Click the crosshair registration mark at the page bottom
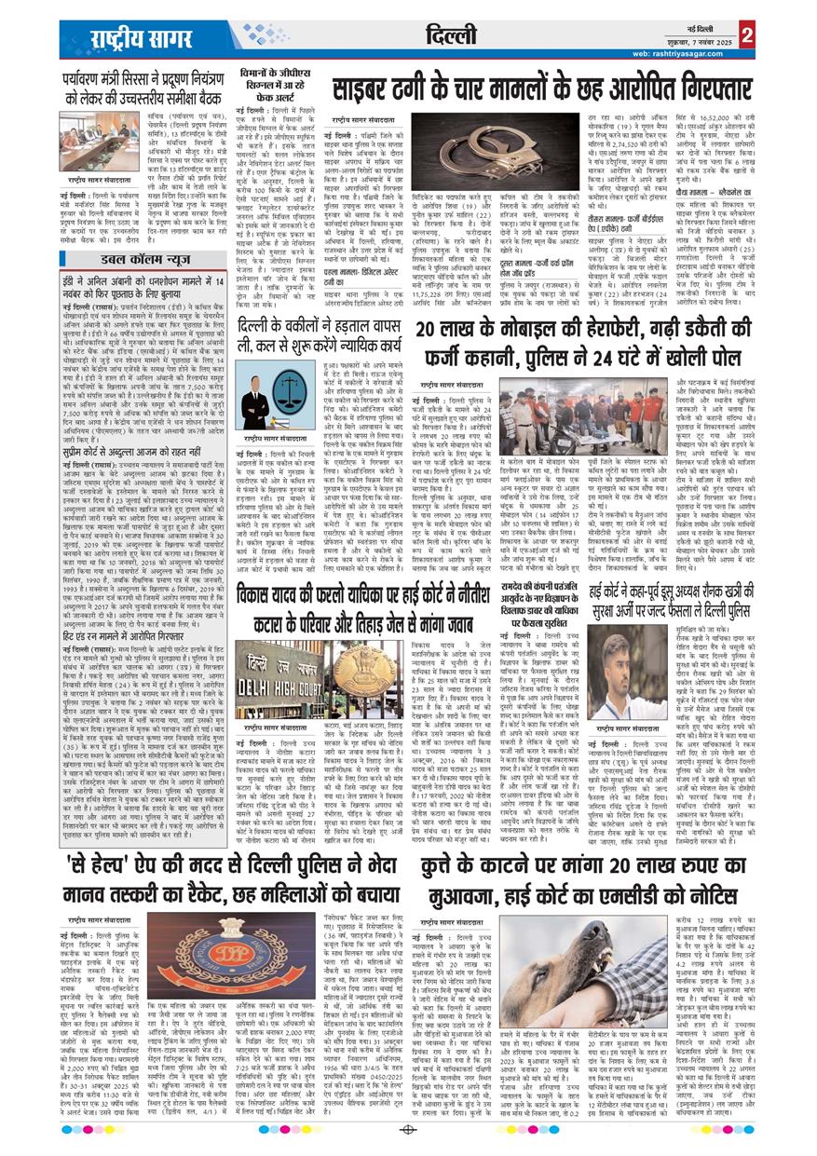point(407,1132)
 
